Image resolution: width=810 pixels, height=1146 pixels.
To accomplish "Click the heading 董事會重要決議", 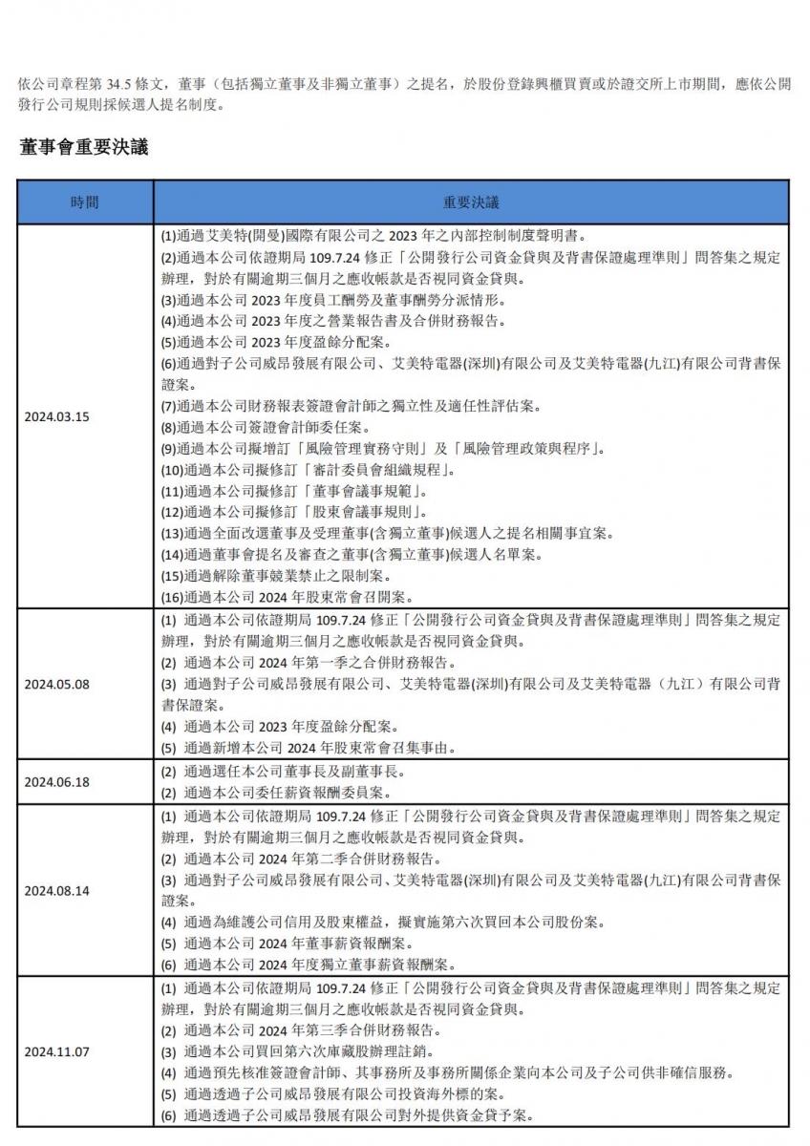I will click(83, 147).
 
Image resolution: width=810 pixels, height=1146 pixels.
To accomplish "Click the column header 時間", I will click(84, 202).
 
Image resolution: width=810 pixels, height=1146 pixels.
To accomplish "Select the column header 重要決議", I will click(470, 202).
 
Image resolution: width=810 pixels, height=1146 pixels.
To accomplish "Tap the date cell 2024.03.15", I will click(56, 416).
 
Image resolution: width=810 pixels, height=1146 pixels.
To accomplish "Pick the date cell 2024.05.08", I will click(56, 684).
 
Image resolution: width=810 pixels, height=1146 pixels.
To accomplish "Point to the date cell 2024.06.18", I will click(56, 781).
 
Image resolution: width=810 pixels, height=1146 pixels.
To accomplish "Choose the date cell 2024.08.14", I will click(56, 890).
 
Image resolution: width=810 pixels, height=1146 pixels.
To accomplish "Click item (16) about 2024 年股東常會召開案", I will click(286, 597).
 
